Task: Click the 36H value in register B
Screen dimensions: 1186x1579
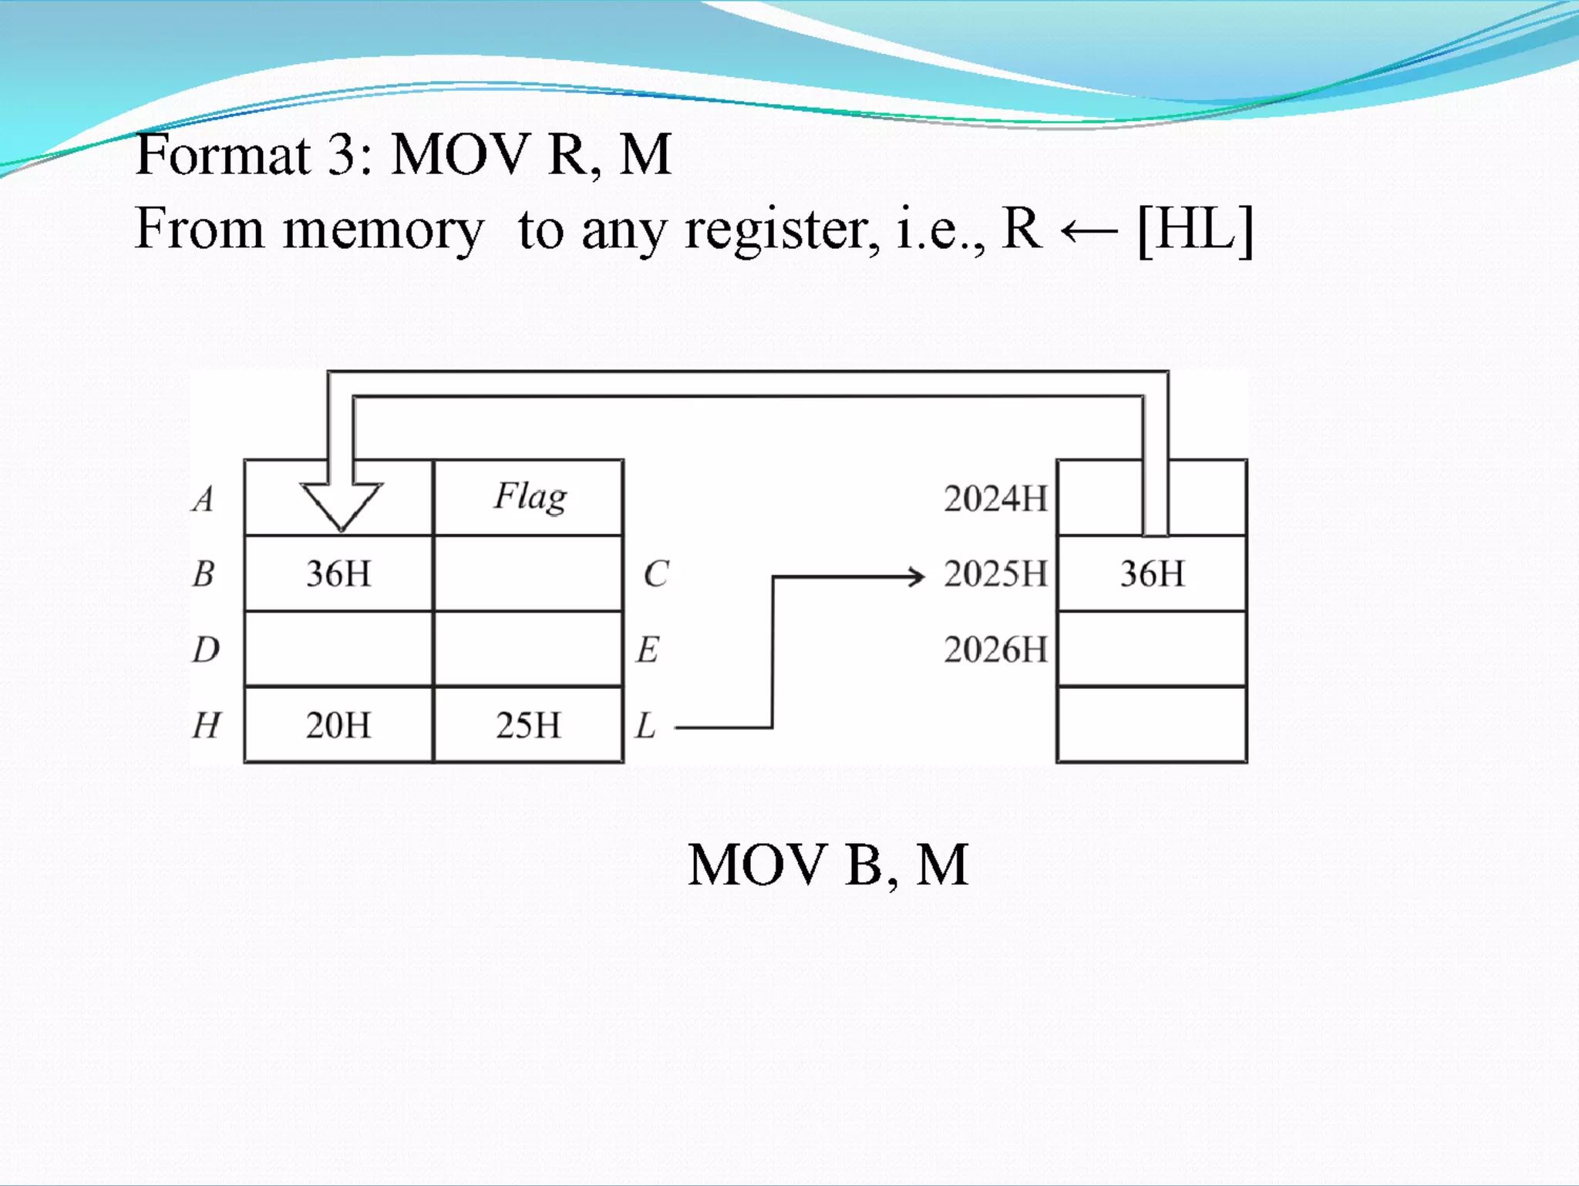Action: pos(338,574)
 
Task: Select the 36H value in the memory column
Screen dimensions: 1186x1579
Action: pos(1152,574)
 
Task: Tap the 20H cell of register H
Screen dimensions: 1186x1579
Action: pos(338,725)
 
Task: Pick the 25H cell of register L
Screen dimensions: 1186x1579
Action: pos(528,725)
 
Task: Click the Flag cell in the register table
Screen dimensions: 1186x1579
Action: pos(530,497)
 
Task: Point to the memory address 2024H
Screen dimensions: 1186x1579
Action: pos(995,499)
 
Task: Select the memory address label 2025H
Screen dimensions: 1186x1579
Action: pos(995,574)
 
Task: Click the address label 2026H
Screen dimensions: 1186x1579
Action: pos(995,650)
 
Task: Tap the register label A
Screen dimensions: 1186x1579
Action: pos(203,499)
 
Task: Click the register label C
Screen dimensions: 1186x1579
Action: pos(655,574)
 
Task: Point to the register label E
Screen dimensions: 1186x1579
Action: pos(648,650)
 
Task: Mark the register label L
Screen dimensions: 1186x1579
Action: pos(645,725)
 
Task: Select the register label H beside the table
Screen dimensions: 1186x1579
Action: pos(206,725)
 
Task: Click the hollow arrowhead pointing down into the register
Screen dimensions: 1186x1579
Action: pos(341,505)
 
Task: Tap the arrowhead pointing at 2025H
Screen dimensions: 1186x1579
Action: pos(916,576)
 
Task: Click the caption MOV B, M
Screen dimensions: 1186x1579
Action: pos(827,865)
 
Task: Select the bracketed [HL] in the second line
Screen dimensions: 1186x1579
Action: pos(1195,229)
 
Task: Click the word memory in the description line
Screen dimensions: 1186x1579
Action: pos(383,230)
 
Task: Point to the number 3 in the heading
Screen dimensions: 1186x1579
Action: pos(340,154)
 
